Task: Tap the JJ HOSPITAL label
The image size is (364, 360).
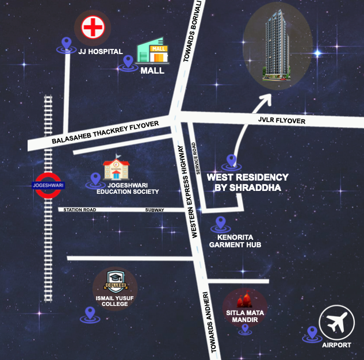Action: pos(101,52)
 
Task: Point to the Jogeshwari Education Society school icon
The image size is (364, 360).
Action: pos(116,168)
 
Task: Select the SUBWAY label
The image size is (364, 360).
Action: pos(155,210)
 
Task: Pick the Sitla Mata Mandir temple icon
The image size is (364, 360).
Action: pos(244,300)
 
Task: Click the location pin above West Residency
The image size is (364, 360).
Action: pos(232,160)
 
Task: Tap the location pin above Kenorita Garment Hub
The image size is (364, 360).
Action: pos(220,223)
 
